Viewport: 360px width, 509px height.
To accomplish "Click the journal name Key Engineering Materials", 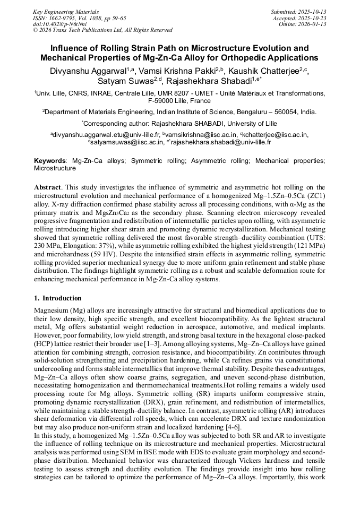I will coord(66,11).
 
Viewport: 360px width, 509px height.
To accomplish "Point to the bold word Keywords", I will coord(50,160).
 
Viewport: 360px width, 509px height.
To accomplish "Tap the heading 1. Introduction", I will coord(58,298).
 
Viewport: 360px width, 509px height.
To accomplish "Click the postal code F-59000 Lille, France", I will coord(179,100).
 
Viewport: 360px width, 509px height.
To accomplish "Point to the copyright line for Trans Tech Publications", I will coord(102,30).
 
